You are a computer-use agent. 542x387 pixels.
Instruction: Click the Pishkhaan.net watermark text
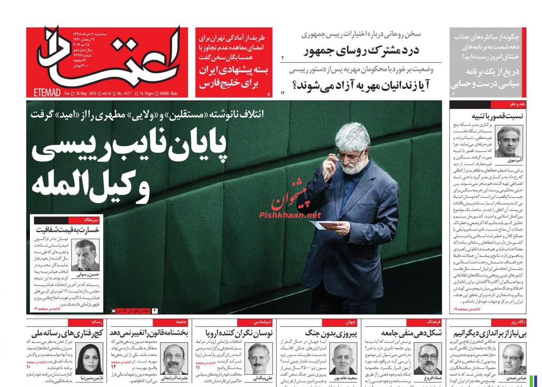click(290, 215)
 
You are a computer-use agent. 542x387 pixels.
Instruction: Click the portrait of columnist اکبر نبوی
click(509, 141)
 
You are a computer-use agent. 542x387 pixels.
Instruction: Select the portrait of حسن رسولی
click(85, 255)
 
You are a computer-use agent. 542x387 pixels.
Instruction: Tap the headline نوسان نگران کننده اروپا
click(238, 333)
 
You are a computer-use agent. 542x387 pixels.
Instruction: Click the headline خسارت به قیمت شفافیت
click(67, 230)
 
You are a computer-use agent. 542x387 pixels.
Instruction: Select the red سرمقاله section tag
click(93, 220)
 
